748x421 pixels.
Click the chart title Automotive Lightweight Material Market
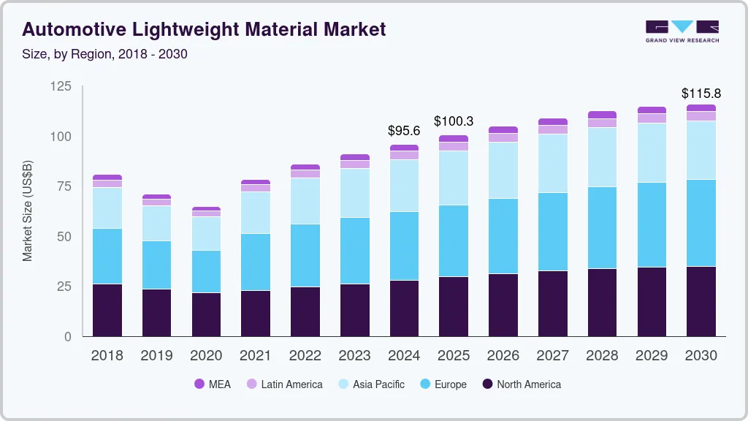click(204, 29)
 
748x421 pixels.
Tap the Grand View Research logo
click(682, 31)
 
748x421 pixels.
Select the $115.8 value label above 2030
click(701, 94)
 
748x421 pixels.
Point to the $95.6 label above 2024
click(404, 131)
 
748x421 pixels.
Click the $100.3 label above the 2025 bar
click(454, 121)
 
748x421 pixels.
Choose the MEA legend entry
click(212, 384)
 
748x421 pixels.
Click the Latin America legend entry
click(284, 384)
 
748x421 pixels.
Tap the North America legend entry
click(521, 384)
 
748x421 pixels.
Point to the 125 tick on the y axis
click(61, 86)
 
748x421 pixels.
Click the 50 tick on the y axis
click(64, 236)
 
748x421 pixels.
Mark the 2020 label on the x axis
click(206, 355)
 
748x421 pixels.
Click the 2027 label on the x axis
click(553, 355)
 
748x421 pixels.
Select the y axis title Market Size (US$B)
click(28, 211)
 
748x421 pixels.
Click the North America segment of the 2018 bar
click(107, 310)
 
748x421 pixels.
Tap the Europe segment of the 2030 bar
click(701, 223)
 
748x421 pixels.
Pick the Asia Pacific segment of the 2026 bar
click(503, 170)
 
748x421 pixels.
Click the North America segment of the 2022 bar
click(305, 311)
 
